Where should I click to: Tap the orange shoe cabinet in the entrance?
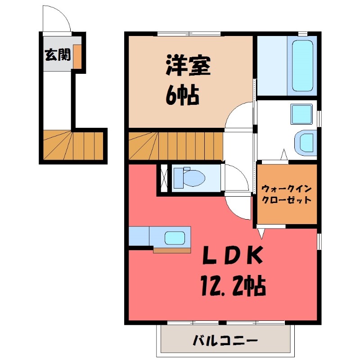77,56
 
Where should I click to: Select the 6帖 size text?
183,95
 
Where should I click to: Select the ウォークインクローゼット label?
286,194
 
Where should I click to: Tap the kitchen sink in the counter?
175,237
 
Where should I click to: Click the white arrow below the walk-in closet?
261,233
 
